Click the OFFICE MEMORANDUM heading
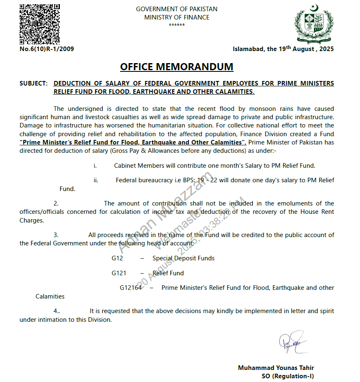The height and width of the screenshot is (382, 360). tap(177, 67)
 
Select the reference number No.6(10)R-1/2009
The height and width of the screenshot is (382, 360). tap(47, 49)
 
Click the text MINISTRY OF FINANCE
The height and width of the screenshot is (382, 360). tap(177, 17)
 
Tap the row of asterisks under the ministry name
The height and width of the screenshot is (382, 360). tap(176, 25)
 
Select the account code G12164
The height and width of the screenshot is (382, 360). tap(131, 287)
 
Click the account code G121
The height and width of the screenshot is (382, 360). tap(118, 273)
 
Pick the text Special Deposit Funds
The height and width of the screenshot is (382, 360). tap(183, 258)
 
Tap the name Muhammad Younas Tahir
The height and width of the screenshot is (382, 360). tap(276, 368)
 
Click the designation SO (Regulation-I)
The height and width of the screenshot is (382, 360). tap(288, 376)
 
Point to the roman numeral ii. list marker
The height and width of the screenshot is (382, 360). tap(96, 180)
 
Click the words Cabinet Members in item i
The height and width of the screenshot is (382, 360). tap(139, 165)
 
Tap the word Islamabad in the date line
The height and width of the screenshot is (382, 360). tap(248, 49)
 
